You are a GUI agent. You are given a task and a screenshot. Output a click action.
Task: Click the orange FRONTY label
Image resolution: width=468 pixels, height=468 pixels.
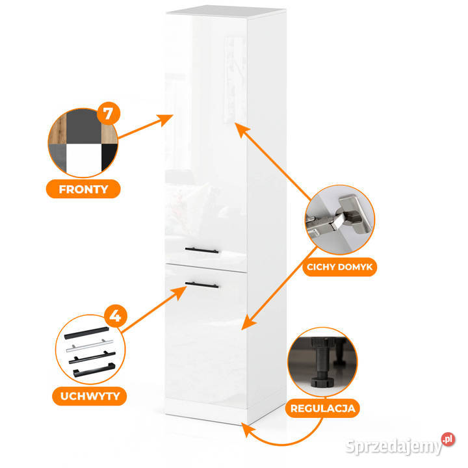(83, 189)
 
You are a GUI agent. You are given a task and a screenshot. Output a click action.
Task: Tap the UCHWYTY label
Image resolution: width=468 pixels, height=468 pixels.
(90, 396)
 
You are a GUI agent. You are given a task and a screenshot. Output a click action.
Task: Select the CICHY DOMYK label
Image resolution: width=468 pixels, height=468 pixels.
(340, 267)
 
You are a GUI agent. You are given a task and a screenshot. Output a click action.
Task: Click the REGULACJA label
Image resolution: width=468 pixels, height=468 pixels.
(322, 408)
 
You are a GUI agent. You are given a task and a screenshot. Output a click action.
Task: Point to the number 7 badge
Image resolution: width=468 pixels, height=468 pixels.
(109, 113)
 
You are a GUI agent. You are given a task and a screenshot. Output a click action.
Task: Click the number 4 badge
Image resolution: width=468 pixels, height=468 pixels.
(116, 316)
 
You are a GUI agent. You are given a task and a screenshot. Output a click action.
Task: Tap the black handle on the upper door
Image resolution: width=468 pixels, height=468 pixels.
(201, 250)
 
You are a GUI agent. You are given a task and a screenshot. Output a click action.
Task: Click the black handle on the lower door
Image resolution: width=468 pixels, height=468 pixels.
(201, 285)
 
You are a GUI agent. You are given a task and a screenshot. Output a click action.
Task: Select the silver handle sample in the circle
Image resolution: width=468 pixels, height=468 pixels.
(90, 345)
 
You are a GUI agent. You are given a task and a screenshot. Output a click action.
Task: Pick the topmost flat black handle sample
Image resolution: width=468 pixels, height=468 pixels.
(86, 333)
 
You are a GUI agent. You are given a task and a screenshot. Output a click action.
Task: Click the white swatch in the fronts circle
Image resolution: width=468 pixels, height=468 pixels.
(84, 160)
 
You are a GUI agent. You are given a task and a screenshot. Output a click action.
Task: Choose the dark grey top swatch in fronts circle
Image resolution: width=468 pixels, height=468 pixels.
(84, 127)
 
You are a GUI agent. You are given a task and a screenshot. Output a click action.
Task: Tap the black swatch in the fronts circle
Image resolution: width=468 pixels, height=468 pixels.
(109, 157)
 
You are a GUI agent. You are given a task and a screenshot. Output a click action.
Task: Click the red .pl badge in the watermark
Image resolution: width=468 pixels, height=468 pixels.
(448, 439)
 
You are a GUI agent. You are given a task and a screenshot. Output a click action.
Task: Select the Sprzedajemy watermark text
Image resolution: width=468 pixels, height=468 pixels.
(394, 447)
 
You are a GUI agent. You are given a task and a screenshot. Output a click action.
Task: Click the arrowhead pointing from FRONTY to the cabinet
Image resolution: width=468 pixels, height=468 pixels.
(166, 120)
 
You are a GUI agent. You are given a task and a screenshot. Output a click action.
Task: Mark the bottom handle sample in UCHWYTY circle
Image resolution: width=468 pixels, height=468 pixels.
(94, 370)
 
